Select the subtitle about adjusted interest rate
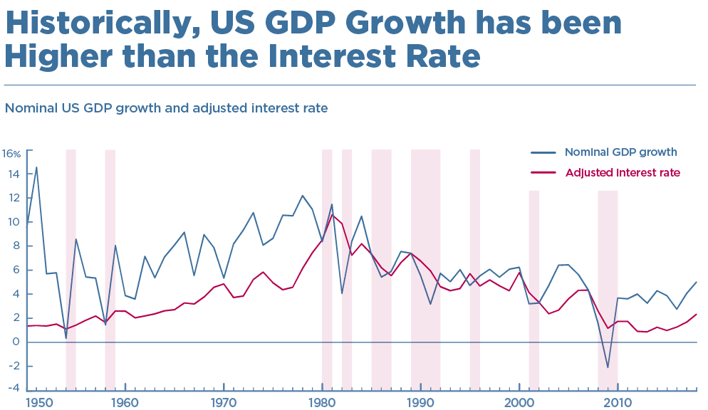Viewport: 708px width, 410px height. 166,109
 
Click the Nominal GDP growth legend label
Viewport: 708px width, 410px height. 620,152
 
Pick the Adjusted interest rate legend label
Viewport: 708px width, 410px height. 623,172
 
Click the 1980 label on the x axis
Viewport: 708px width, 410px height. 323,402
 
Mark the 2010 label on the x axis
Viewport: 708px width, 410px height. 618,402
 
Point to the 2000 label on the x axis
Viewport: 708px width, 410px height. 519,402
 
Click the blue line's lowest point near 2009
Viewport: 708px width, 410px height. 608,368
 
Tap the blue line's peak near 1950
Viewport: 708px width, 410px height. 36,167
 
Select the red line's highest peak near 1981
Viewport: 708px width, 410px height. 331,215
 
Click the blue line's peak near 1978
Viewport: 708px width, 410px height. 302,196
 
